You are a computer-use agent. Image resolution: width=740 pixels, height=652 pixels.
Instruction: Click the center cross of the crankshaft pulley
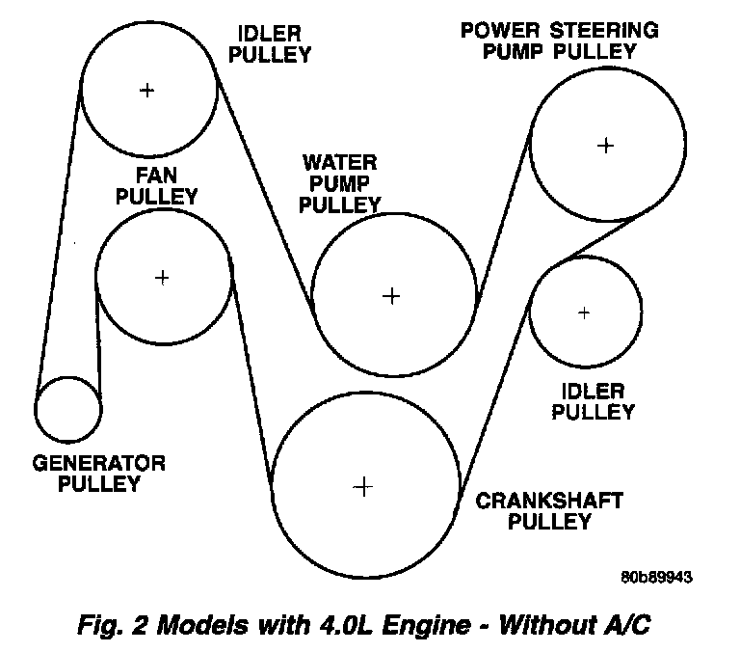click(362, 487)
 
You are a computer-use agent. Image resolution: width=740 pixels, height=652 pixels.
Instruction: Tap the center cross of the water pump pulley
click(391, 296)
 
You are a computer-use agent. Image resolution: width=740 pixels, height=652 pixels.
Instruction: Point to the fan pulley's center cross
click(163, 278)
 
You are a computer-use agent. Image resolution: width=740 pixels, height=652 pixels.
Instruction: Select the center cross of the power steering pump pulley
click(605, 146)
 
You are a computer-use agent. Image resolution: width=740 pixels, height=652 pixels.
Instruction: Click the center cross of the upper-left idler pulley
click(146, 91)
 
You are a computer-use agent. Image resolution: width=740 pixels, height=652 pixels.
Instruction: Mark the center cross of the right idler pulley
click(584, 312)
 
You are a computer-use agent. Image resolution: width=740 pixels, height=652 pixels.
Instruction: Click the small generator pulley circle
click(67, 409)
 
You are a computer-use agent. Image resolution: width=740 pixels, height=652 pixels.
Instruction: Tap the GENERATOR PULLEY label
click(99, 474)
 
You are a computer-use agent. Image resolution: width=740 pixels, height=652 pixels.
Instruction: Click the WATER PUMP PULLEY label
click(339, 182)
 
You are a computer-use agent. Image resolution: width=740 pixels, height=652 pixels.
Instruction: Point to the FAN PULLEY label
click(156, 185)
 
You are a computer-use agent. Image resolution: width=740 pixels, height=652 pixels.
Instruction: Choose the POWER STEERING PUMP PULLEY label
click(559, 41)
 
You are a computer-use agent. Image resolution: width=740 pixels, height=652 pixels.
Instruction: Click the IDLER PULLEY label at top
click(271, 43)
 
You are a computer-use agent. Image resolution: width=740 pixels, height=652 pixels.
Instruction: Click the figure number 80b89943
click(657, 578)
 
